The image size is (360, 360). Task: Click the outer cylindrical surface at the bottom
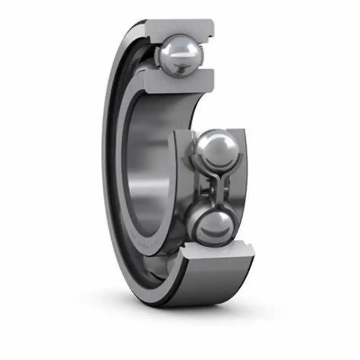[x=211, y=283]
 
